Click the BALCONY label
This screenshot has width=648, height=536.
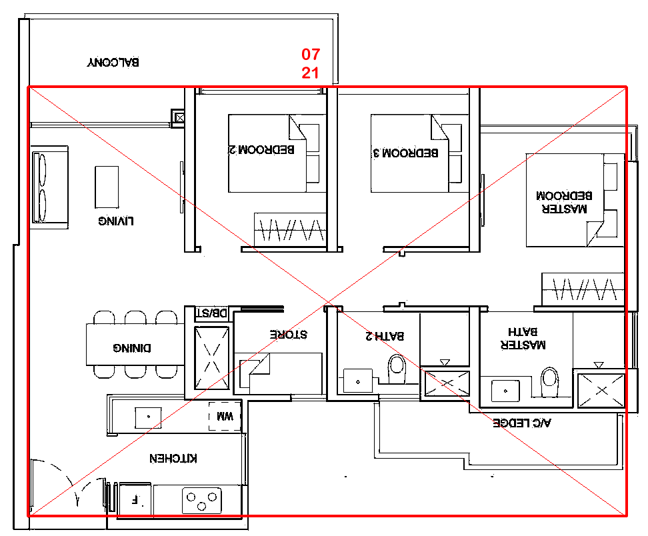click(113, 63)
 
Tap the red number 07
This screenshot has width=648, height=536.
click(311, 54)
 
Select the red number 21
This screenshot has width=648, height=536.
click(311, 73)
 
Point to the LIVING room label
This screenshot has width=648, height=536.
click(116, 221)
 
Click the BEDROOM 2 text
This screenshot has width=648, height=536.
click(261, 149)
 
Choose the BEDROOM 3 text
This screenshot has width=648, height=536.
click(406, 153)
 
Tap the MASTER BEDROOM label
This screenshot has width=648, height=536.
click(564, 202)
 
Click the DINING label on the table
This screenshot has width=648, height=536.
click(132, 348)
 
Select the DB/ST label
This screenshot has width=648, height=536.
click(211, 313)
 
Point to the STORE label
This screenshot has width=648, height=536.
click(289, 334)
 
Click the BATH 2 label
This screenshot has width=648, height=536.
click(385, 335)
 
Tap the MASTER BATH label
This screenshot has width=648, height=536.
click(523, 338)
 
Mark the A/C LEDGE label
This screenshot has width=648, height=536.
click(522, 423)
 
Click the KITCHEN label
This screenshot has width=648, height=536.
click(173, 458)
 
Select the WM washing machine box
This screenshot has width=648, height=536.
click(225, 416)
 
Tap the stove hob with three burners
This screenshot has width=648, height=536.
click(202, 501)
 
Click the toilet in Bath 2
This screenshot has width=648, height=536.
click(397, 369)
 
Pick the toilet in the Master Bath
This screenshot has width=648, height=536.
click(549, 381)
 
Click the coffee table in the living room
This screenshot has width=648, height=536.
click(107, 187)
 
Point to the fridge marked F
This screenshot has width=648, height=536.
click(135, 499)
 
